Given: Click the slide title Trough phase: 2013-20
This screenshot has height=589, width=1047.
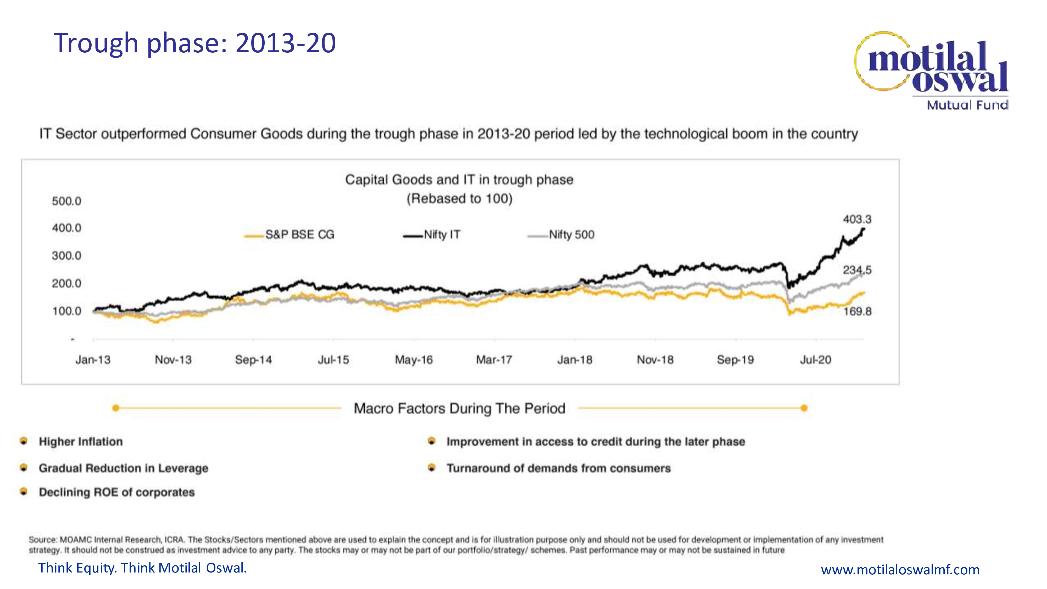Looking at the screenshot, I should click(195, 43).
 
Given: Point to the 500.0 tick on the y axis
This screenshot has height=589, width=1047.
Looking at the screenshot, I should click(67, 201).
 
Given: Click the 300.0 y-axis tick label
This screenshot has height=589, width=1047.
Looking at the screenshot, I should click(67, 256).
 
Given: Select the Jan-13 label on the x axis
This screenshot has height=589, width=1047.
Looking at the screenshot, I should click(93, 360).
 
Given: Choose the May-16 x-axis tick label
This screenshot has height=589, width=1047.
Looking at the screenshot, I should click(414, 360).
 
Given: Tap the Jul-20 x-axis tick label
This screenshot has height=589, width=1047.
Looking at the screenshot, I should click(815, 360).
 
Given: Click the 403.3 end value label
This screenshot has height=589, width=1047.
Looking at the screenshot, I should click(857, 220).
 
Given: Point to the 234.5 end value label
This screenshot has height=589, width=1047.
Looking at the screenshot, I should click(857, 270).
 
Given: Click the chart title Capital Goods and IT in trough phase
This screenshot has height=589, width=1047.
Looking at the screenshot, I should click(459, 180).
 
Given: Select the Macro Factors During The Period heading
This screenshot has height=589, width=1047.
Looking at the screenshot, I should click(459, 408).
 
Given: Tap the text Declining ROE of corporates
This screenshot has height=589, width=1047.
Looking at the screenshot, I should click(117, 492).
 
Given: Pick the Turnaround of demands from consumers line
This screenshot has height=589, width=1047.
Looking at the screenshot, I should click(559, 468).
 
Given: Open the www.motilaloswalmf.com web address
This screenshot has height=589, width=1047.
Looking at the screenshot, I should click(900, 569).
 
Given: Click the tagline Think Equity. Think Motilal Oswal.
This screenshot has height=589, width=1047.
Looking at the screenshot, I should click(142, 568).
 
